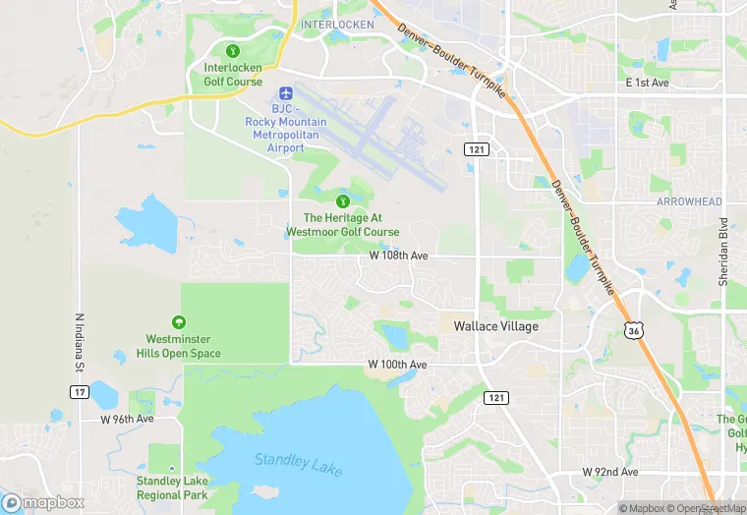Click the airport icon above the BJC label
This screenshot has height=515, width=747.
[x=285, y=91]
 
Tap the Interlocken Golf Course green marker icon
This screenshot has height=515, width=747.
[x=233, y=50]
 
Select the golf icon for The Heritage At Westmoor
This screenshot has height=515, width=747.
[x=343, y=200]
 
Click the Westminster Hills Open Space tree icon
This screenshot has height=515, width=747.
[x=178, y=322]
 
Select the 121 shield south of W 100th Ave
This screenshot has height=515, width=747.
[x=497, y=396]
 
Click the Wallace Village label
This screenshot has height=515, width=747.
[x=495, y=326]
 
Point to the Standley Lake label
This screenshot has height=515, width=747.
[x=299, y=463]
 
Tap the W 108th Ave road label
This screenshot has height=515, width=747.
[x=398, y=256]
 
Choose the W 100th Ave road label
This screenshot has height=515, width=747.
[x=397, y=365]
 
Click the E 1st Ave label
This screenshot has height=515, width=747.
[x=647, y=84]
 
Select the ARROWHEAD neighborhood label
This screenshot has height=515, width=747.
[x=689, y=201]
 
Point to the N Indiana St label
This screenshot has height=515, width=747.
[x=78, y=343]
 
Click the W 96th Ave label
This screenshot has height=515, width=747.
[x=128, y=419]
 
